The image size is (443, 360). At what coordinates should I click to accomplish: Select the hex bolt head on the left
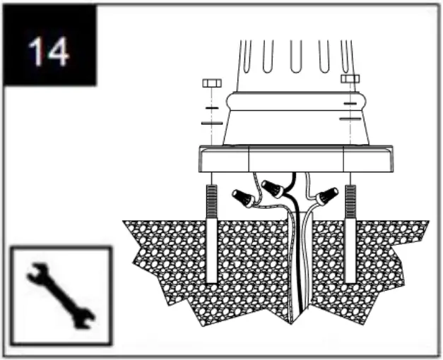[x=211, y=83]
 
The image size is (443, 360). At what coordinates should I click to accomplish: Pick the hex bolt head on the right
[x=350, y=78]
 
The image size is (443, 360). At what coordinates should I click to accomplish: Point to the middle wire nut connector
[x=273, y=188]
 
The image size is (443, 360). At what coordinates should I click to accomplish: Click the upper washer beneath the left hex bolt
[x=211, y=108]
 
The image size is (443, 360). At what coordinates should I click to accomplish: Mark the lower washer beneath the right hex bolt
[x=349, y=119]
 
